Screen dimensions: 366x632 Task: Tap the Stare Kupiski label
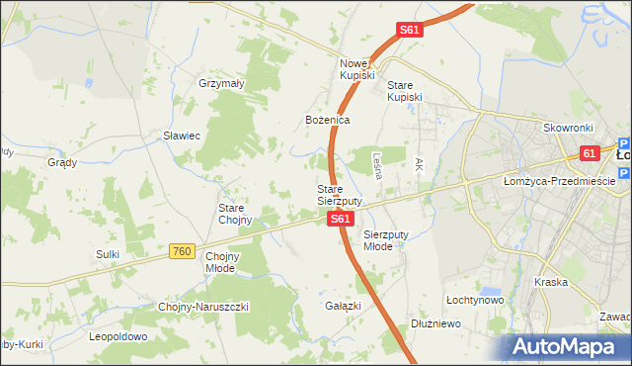tap(404, 90)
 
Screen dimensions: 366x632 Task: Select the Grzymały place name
tap(221, 84)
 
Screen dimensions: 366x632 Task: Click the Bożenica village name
tap(327, 120)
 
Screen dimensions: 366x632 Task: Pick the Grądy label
tap(62, 162)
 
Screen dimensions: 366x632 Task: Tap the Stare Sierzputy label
tap(339, 194)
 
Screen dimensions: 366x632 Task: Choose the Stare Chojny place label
tap(236, 214)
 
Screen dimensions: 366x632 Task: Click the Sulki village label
tap(108, 254)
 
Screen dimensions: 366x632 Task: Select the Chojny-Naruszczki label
tap(203, 307)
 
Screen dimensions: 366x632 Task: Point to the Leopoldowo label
tap(118, 336)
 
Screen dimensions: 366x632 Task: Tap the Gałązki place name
tap(343, 306)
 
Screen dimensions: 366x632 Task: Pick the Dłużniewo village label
tap(437, 322)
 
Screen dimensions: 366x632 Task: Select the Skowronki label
tap(567, 129)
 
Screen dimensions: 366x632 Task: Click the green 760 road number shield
tap(179, 252)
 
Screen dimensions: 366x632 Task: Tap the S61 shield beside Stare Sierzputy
tap(339, 218)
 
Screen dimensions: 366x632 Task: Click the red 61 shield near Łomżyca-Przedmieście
tap(590, 153)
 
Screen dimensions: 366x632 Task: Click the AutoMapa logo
tap(567, 346)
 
